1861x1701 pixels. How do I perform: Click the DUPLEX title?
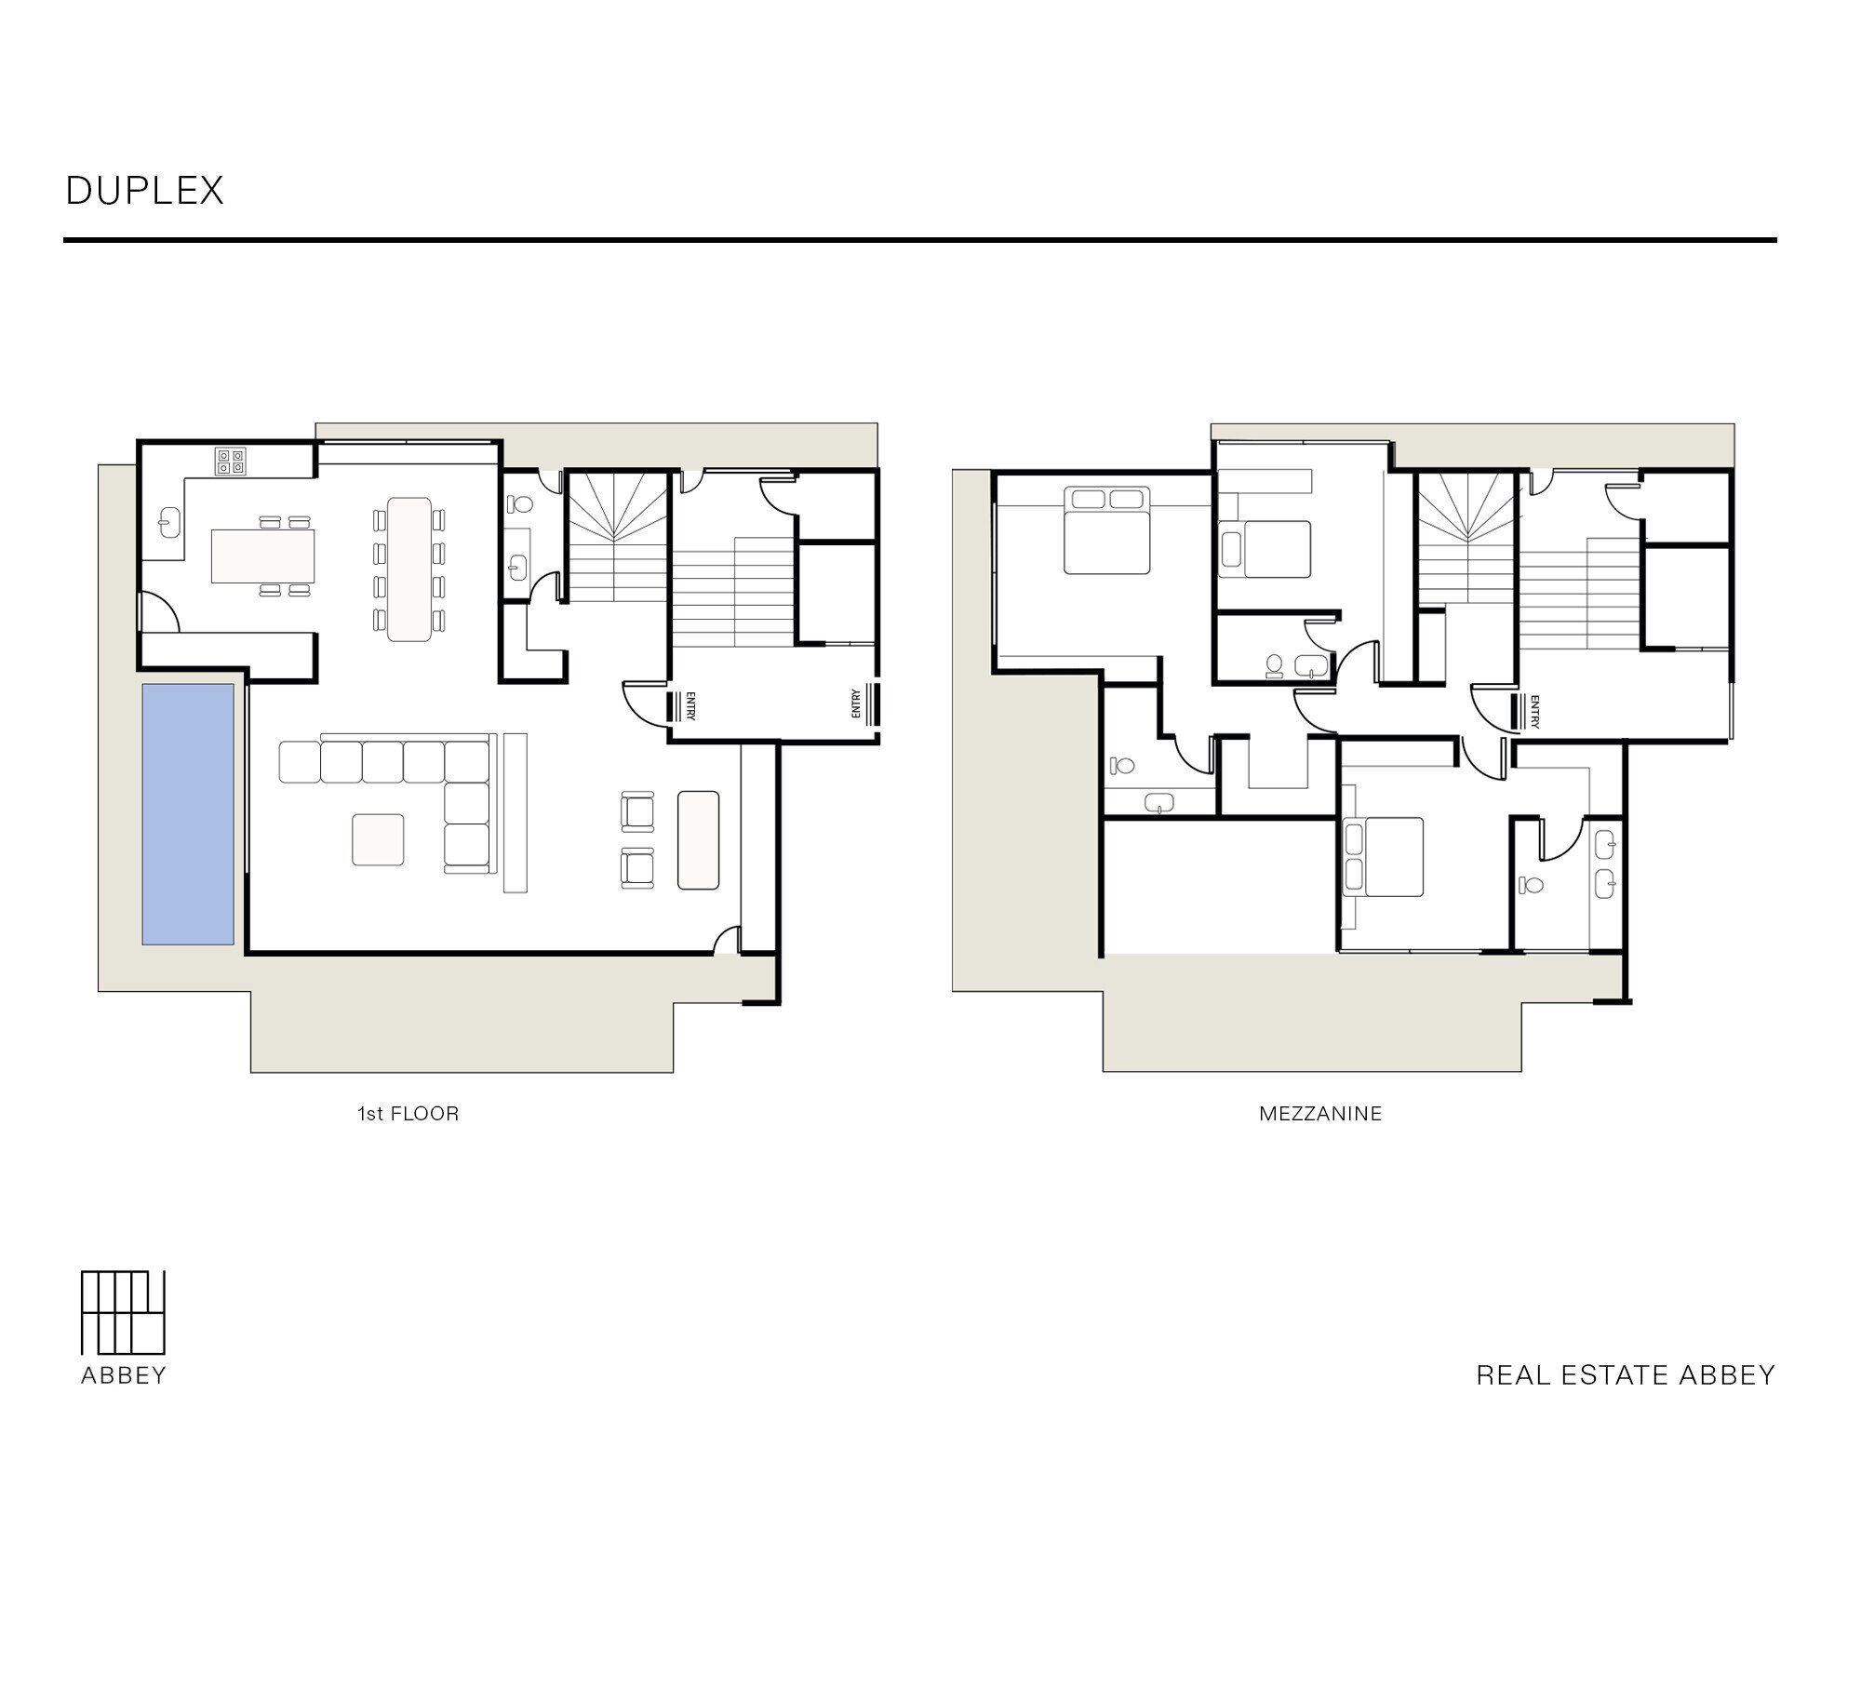(x=145, y=191)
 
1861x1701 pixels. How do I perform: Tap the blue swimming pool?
(x=188, y=814)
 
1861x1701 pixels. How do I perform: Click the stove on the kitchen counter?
(x=231, y=462)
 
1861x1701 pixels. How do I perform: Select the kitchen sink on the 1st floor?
(x=169, y=523)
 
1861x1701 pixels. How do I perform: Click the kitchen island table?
(x=262, y=556)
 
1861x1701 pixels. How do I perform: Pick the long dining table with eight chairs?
(x=409, y=569)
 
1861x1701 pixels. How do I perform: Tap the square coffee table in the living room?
(x=378, y=839)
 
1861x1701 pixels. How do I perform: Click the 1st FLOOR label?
(x=408, y=1114)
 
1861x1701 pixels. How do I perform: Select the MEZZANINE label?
(x=1320, y=1114)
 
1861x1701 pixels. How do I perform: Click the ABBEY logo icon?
(x=123, y=1312)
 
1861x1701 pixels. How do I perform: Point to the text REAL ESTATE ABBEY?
(x=1626, y=1375)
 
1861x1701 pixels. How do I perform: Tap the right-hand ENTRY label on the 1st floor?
(x=856, y=703)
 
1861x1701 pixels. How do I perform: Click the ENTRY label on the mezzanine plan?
(x=1533, y=711)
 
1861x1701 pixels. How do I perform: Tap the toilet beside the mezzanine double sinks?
(x=1531, y=884)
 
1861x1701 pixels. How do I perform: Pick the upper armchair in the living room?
(x=637, y=810)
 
